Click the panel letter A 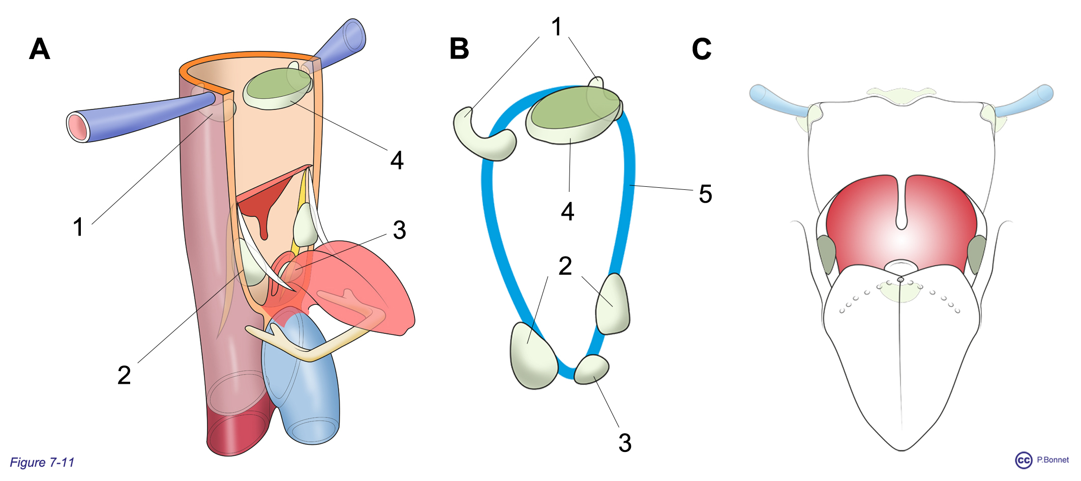(40, 49)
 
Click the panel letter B (459, 49)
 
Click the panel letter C (702, 49)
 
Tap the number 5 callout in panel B (705, 194)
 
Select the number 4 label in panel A (397, 160)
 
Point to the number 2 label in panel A (124, 375)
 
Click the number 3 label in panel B (625, 443)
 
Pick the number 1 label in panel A (78, 227)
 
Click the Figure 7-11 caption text (42, 462)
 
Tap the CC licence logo (1024, 460)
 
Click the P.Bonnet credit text (1053, 460)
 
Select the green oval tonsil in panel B (574, 115)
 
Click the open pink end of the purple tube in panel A (78, 126)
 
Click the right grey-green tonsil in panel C (976, 254)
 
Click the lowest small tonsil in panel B (591, 370)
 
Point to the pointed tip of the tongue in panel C (902, 450)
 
